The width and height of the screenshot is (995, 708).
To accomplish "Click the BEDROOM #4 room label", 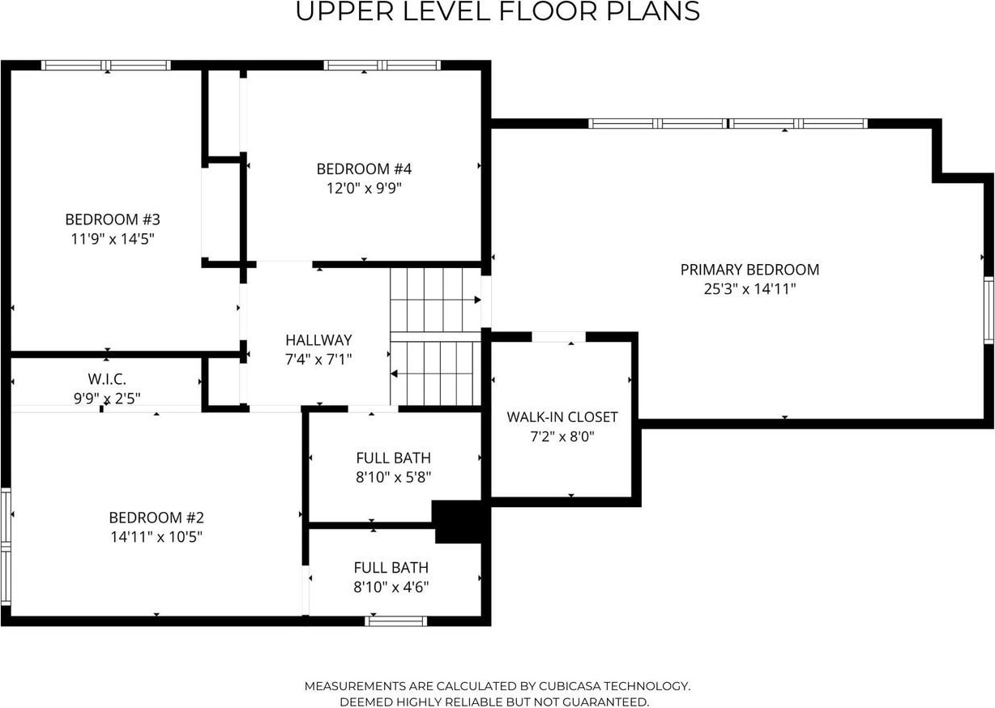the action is click(x=364, y=168).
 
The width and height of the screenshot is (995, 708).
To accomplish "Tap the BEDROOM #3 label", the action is click(x=113, y=220).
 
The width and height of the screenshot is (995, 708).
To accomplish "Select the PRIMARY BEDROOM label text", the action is click(x=749, y=270).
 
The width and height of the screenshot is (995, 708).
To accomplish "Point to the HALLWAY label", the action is click(x=318, y=340).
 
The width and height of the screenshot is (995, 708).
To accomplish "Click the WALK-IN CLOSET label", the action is click(x=562, y=417).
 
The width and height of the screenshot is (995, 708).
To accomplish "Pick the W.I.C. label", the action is click(x=107, y=379).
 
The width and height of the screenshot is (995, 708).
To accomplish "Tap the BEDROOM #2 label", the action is click(x=156, y=518).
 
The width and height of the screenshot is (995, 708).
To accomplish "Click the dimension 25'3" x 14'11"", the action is click(x=749, y=289).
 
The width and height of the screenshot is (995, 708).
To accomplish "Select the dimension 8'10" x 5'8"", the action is click(x=393, y=477).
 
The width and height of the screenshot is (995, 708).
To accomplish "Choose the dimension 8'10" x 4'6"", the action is click(x=391, y=587).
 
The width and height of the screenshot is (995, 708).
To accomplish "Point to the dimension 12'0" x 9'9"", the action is click(x=364, y=188).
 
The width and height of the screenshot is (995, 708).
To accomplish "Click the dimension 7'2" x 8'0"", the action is click(x=562, y=437).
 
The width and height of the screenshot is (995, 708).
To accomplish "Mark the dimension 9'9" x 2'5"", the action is click(x=107, y=399).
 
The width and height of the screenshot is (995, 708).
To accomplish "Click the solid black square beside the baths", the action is click(x=461, y=522).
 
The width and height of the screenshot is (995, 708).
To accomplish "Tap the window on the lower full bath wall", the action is click(x=395, y=621).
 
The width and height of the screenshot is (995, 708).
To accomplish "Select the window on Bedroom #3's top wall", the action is click(x=105, y=66).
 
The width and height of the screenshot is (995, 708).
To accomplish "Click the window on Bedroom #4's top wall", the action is click(x=382, y=66).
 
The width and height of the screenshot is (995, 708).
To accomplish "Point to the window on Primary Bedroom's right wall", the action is click(x=989, y=310).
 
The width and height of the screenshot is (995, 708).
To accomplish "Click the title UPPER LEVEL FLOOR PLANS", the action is click(x=497, y=11).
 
